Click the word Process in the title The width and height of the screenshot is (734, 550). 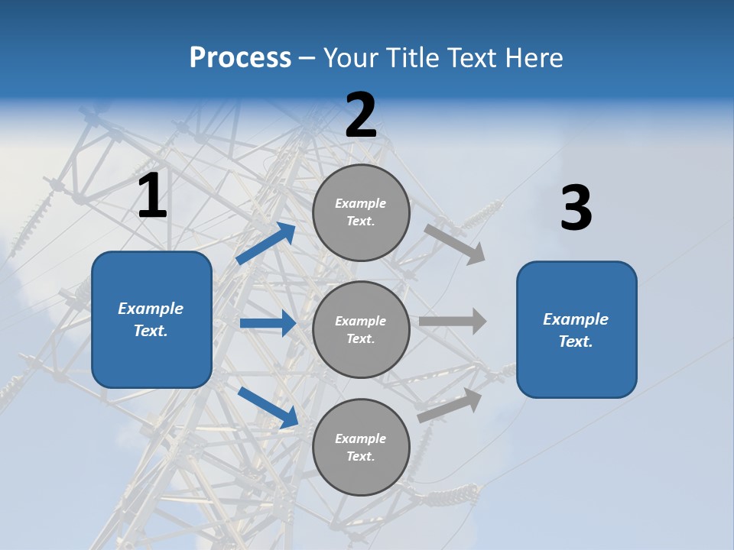240,58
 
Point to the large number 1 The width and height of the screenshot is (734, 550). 152,196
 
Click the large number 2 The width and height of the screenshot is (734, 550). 361,115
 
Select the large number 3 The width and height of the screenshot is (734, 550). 576,209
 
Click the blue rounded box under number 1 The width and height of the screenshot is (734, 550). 151,319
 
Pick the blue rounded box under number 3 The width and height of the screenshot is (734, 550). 576,329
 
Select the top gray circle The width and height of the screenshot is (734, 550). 361,212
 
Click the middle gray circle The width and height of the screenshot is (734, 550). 361,329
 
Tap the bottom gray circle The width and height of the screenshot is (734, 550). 361,447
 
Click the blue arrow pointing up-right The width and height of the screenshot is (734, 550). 266,243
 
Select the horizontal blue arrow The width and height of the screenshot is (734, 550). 268,323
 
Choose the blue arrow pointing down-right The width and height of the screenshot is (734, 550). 268,407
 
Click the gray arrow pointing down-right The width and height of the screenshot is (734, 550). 454,243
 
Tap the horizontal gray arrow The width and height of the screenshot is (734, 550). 453,321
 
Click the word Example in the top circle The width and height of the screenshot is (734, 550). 361,203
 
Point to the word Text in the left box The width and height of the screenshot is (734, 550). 150,331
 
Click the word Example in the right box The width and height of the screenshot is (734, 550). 576,319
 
